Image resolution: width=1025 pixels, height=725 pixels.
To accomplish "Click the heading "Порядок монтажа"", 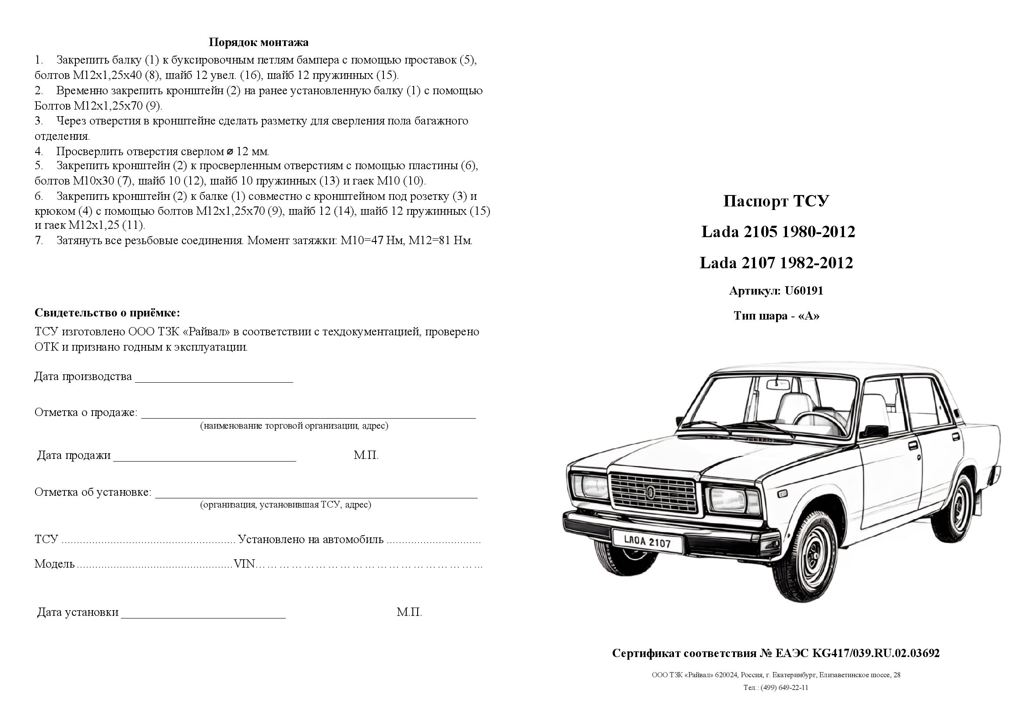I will [x=259, y=43].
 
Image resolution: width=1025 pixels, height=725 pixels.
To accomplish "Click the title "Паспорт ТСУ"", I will [x=776, y=201].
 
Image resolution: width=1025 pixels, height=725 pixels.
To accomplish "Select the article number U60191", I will [x=804, y=291].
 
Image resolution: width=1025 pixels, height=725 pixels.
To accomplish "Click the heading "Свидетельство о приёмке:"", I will [x=107, y=312].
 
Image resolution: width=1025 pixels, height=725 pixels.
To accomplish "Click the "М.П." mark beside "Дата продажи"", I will [x=366, y=455].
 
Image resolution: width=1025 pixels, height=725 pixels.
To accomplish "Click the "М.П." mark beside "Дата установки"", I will [x=409, y=612].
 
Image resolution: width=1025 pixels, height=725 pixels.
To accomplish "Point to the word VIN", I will [x=244, y=564].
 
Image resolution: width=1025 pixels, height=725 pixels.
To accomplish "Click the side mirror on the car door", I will [x=876, y=430].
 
